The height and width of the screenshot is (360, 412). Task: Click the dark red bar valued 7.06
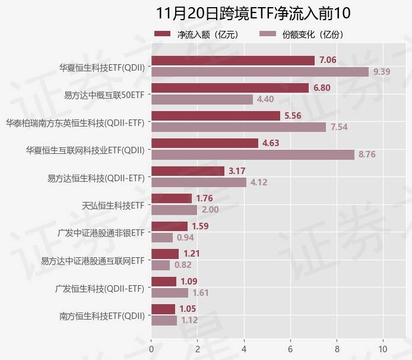(x=233, y=60)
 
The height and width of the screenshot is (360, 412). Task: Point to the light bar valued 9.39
(x=260, y=72)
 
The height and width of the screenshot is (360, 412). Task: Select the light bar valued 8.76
(x=253, y=154)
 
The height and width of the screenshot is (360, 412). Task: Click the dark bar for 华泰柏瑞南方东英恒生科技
(x=215, y=116)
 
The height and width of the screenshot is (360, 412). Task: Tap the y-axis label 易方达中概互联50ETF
(x=104, y=94)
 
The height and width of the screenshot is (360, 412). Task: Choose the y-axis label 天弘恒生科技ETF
(x=113, y=205)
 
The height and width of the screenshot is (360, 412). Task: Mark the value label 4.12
(x=259, y=182)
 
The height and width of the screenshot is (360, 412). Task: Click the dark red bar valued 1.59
(x=170, y=226)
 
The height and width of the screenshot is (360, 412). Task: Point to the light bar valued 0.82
(x=161, y=265)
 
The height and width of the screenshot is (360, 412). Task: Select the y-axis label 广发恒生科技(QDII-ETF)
(x=100, y=288)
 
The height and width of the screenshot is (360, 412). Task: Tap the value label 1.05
(x=188, y=309)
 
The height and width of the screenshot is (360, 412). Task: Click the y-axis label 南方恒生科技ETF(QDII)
(x=102, y=315)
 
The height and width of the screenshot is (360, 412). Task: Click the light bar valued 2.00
(x=175, y=210)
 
